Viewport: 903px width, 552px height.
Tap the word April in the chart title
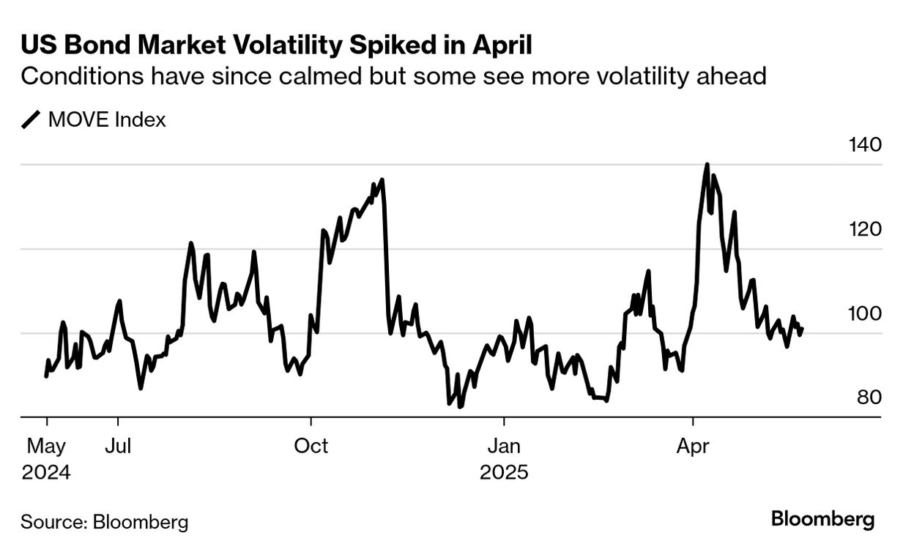pyautogui.click(x=497, y=45)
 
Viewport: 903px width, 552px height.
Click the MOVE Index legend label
pyautogui.click(x=107, y=119)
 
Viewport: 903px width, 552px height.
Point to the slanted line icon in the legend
pyautogui.click(x=31, y=119)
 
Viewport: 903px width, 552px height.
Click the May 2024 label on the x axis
pyautogui.click(x=45, y=458)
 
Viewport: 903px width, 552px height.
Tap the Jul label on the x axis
pyautogui.click(x=117, y=446)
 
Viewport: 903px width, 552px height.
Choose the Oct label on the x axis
pyautogui.click(x=311, y=446)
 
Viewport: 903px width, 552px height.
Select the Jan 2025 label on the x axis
pyautogui.click(x=504, y=458)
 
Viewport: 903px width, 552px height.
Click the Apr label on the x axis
pyautogui.click(x=693, y=446)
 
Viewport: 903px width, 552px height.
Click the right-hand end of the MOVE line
pyautogui.click(x=803, y=329)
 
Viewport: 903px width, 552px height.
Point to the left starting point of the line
pyautogui.click(x=46, y=376)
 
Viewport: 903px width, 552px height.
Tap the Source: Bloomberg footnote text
pyautogui.click(x=104, y=522)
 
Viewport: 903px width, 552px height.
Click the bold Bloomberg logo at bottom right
pyautogui.click(x=822, y=520)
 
